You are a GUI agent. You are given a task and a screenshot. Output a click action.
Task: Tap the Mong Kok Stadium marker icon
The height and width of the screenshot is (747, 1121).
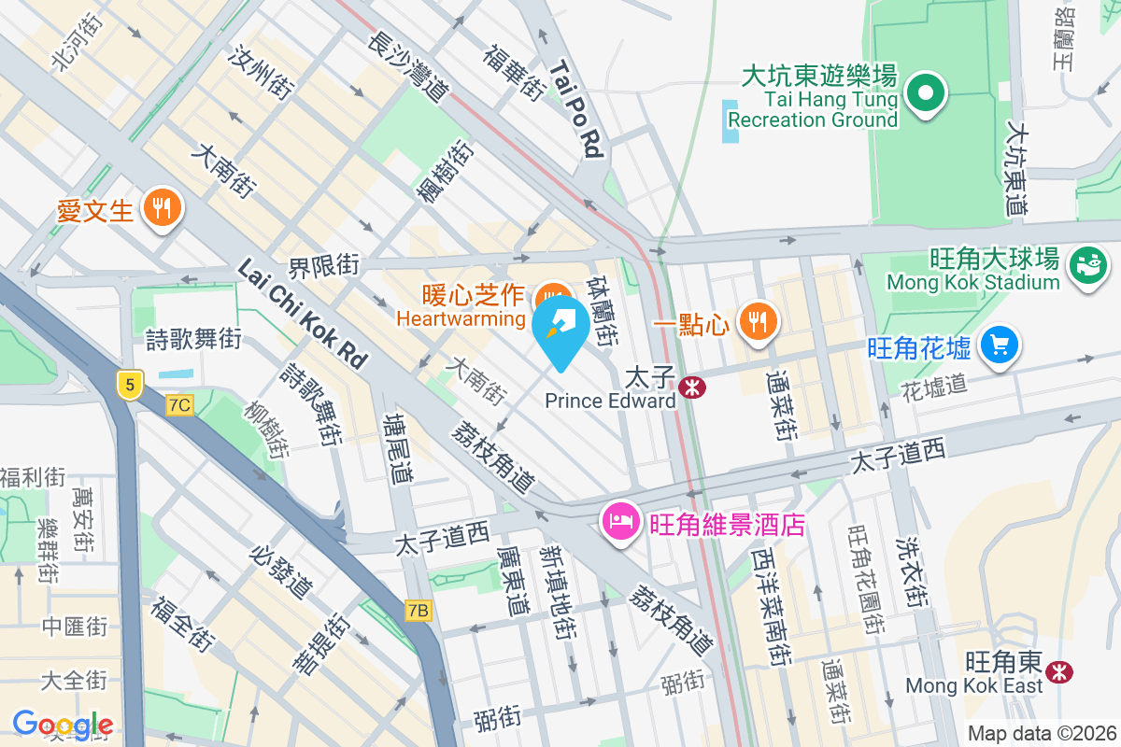click(1086, 265)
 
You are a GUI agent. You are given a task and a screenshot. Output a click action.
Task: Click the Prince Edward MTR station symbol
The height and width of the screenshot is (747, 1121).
click(692, 386)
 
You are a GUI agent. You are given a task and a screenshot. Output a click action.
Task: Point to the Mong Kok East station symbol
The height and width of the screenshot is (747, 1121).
click(1059, 671)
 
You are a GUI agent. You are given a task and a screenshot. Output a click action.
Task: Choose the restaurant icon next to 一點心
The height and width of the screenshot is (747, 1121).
click(756, 322)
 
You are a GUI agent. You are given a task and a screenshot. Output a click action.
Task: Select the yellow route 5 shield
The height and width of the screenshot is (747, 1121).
click(129, 383)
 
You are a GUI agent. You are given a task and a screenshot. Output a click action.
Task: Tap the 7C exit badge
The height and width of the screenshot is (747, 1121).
click(179, 404)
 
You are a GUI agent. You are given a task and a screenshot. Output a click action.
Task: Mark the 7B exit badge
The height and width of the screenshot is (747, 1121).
click(419, 611)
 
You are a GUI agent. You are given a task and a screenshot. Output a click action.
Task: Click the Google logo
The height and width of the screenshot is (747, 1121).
click(63, 725)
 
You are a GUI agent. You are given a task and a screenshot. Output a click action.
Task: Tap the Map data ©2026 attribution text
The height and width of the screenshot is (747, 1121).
click(1041, 734)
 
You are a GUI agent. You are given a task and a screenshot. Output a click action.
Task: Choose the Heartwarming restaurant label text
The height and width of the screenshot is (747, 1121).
click(461, 318)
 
